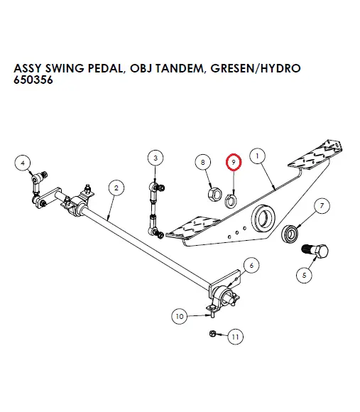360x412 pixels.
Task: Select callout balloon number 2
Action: pos(114,188)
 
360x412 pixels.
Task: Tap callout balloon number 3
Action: pos(156,157)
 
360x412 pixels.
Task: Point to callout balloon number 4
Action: pos(23,162)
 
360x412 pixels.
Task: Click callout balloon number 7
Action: pos(321,207)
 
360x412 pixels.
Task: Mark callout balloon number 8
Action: pos(204,163)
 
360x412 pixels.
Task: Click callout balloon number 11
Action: pos(235,337)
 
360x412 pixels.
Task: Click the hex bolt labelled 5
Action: pos(317,251)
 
